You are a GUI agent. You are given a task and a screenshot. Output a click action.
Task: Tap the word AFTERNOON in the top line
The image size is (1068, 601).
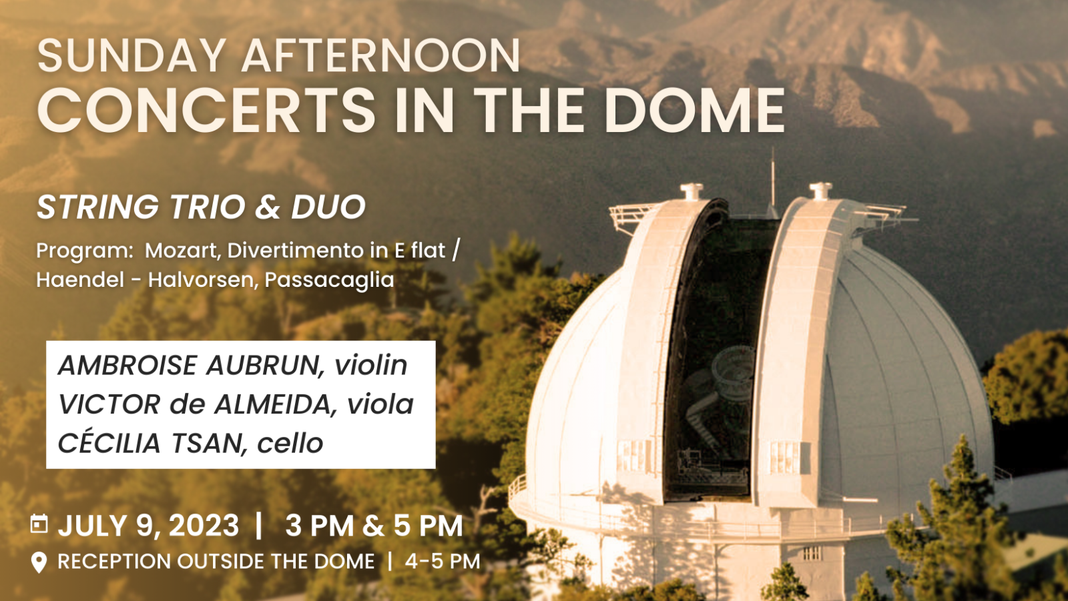pyautogui.click(x=381, y=56)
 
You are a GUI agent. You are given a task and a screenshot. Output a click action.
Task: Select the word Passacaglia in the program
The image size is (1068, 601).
pyautogui.click(x=330, y=279)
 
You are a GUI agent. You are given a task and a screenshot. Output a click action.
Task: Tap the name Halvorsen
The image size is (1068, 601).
pyautogui.click(x=203, y=279)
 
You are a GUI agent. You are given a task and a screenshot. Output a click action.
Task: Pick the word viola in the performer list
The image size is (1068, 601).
pyautogui.click(x=380, y=405)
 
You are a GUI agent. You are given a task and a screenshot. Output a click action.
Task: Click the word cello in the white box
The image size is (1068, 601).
pyautogui.click(x=290, y=444)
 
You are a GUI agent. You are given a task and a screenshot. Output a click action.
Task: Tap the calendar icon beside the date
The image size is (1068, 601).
pyautogui.click(x=39, y=524)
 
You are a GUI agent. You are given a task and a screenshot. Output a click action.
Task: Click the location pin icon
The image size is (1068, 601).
pyautogui.click(x=39, y=562)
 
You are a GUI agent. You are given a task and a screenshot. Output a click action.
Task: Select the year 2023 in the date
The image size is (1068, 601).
pyautogui.click(x=204, y=526)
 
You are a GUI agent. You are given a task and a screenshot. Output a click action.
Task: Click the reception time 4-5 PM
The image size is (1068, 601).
pyautogui.click(x=443, y=562)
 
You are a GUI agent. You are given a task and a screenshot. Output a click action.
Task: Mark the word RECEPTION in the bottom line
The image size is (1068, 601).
pyautogui.click(x=114, y=562)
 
